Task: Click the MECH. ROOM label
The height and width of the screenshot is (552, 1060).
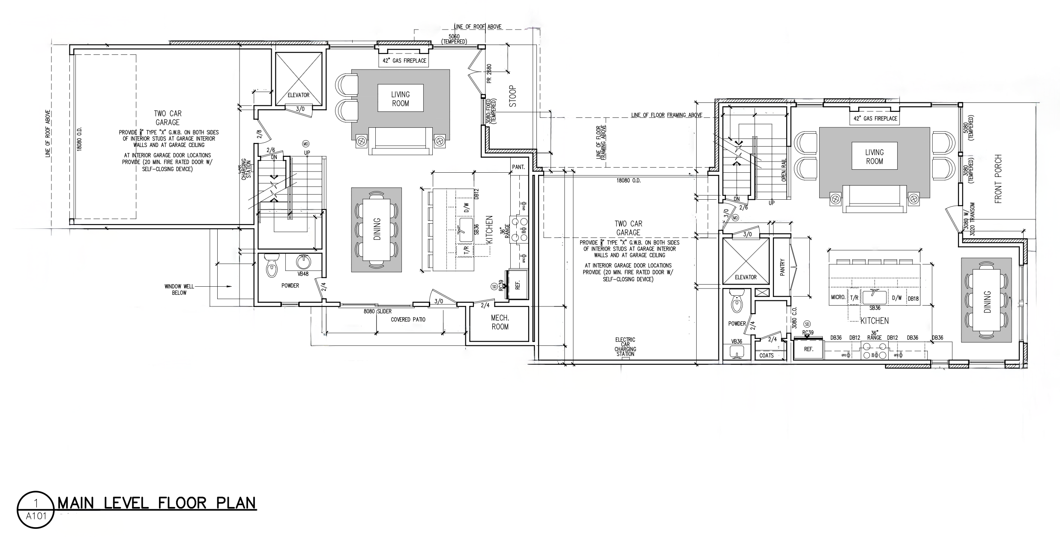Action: [500, 322]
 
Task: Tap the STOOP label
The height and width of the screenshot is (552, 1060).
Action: [513, 96]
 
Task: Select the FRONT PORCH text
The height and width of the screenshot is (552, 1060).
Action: [999, 185]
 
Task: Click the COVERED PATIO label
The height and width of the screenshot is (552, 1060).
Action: [408, 320]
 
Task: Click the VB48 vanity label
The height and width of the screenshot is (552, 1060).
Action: [303, 274]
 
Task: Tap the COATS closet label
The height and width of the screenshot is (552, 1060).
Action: [767, 355]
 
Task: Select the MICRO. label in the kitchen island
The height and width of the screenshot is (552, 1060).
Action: [838, 297]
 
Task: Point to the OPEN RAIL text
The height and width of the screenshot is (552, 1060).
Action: [784, 171]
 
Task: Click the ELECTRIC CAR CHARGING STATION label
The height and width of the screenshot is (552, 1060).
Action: [625, 347]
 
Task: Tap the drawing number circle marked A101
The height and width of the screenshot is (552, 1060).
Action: [36, 510]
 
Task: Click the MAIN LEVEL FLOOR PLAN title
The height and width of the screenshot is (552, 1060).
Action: [157, 503]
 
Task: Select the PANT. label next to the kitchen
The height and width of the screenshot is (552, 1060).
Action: [518, 167]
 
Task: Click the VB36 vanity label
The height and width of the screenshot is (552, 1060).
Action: [737, 342]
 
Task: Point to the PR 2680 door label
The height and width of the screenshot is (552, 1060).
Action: [489, 74]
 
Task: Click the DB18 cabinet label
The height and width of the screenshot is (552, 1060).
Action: [913, 299]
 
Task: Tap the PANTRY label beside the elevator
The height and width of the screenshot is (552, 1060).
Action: [782, 267]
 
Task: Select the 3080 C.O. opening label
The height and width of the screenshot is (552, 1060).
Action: [794, 318]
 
